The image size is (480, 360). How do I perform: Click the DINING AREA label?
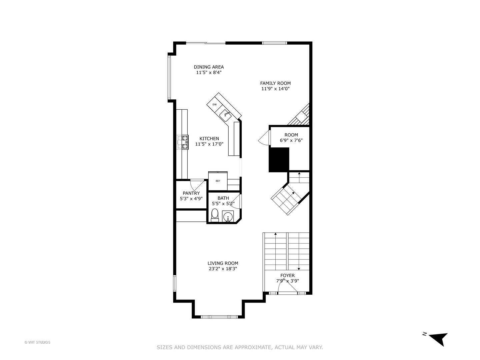click(x=209, y=67)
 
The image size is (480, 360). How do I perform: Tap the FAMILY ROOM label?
click(x=275, y=83)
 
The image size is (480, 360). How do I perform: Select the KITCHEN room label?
click(x=209, y=139)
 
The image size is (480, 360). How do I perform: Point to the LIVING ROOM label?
click(x=223, y=263)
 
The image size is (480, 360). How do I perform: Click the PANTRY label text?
click(x=191, y=193)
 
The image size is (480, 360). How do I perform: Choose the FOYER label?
click(x=287, y=276)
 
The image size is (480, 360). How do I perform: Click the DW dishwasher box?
click(x=215, y=104)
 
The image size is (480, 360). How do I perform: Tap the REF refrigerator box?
click(x=218, y=181)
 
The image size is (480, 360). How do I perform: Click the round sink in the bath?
click(x=228, y=217)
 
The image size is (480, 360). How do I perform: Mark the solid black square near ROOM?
click(x=279, y=160)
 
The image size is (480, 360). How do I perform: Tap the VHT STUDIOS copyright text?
click(x=37, y=342)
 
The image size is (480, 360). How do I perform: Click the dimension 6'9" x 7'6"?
click(x=291, y=141)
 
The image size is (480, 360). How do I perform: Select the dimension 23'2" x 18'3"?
click(x=223, y=269)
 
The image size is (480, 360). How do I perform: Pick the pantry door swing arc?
click(x=197, y=184)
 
